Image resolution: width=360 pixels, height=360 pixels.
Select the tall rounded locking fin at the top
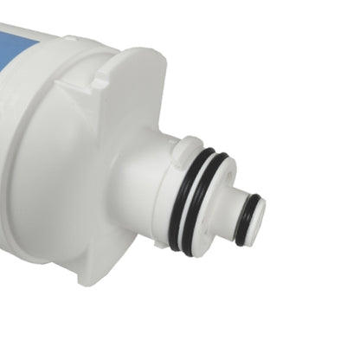click(138, 87)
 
